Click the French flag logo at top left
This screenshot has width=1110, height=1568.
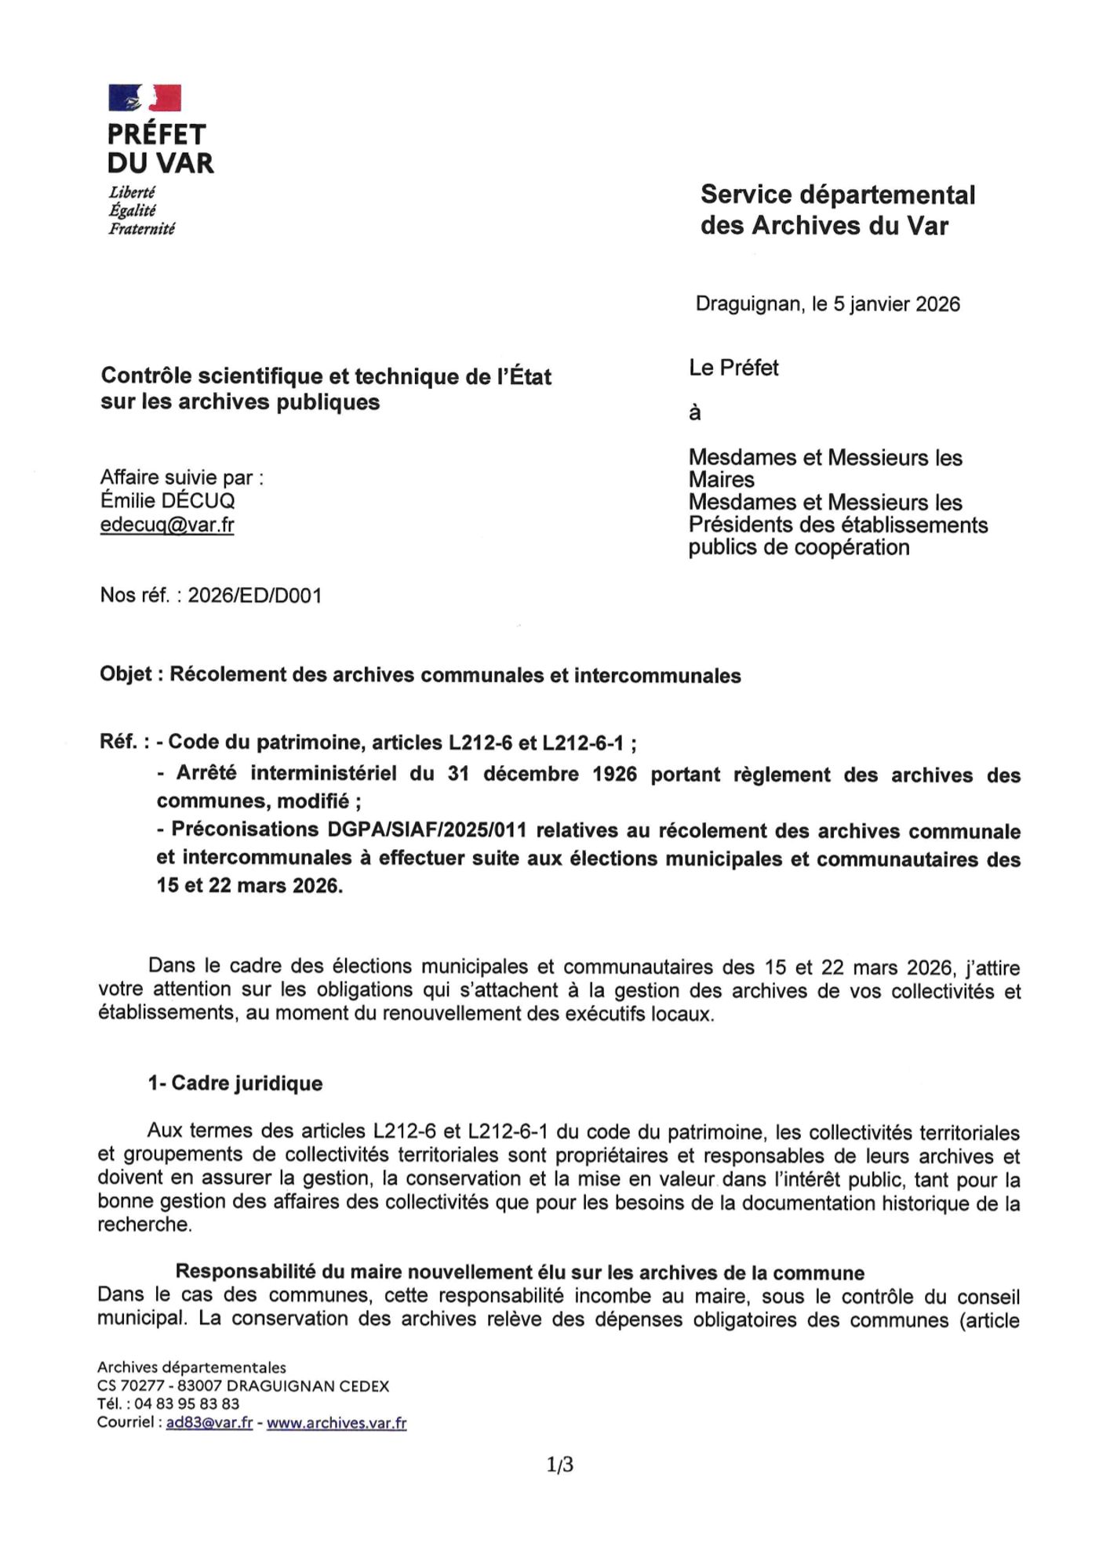point(144,98)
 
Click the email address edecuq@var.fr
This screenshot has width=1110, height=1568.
point(166,524)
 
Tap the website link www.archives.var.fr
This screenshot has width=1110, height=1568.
point(337,1422)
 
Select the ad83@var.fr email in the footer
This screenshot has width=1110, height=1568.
point(209,1422)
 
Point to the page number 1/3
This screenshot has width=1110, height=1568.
point(560,1464)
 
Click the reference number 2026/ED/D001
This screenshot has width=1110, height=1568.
point(255,596)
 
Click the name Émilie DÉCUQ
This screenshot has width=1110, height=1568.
point(167,501)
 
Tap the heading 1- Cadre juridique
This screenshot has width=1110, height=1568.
point(235,1083)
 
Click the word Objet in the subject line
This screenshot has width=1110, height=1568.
point(126,675)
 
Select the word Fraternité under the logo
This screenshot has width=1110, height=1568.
point(142,229)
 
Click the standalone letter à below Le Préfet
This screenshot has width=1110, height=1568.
point(694,413)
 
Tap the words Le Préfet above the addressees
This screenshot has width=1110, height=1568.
point(733,368)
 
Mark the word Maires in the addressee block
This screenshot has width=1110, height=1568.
point(722,480)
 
